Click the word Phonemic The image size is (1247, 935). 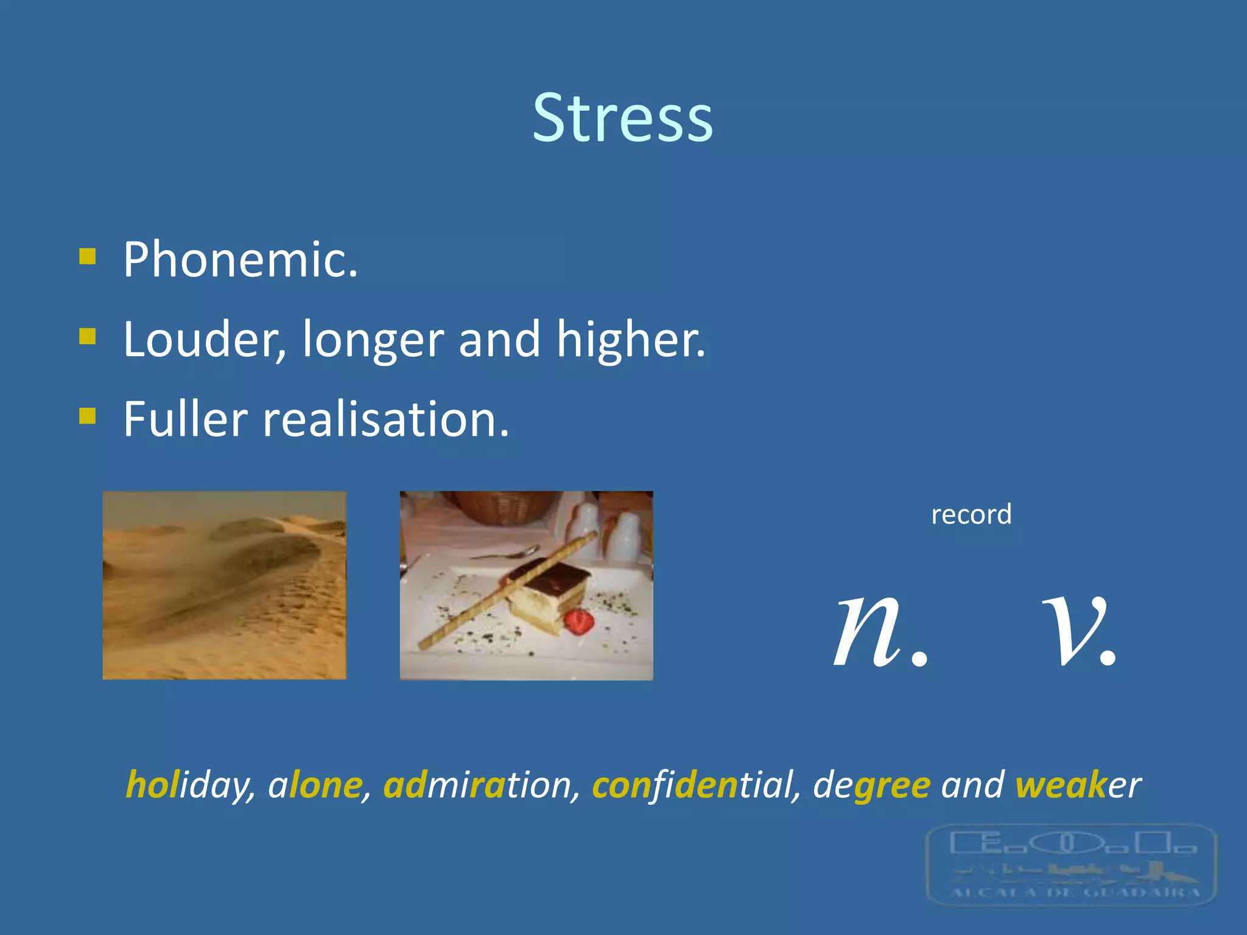[x=240, y=260]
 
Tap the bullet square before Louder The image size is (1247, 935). [x=88, y=337]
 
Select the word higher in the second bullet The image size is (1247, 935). [x=630, y=339]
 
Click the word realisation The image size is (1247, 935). [x=385, y=419]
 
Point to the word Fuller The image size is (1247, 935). [x=185, y=419]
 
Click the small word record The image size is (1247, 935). [x=971, y=515]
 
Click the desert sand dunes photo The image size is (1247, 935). [x=224, y=585]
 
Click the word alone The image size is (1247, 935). [x=315, y=785]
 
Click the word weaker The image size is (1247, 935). [x=1078, y=785]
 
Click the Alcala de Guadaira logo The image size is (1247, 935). [x=1072, y=864]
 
